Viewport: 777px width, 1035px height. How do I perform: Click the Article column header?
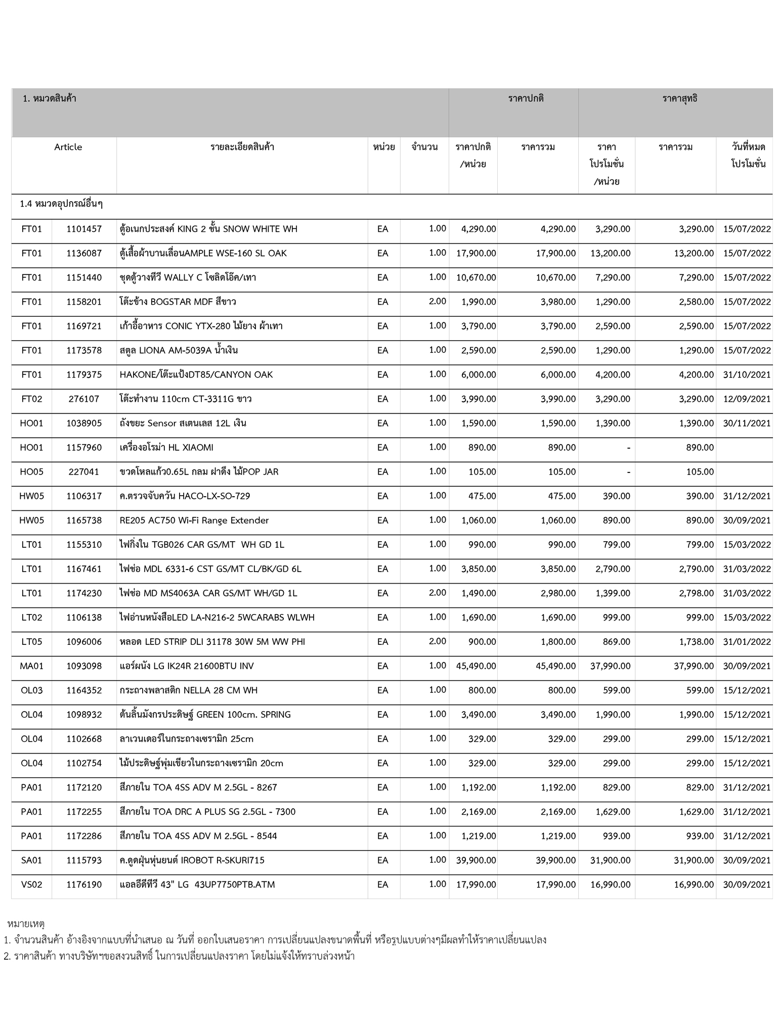(x=68, y=147)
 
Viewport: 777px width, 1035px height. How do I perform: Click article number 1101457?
(x=84, y=229)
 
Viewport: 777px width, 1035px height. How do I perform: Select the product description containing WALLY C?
(x=188, y=277)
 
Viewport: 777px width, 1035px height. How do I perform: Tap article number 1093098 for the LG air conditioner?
(x=84, y=666)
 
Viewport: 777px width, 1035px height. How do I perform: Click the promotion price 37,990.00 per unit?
(x=610, y=666)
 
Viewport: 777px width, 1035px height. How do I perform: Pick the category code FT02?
(x=31, y=399)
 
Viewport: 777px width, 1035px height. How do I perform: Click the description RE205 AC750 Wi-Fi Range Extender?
(x=194, y=521)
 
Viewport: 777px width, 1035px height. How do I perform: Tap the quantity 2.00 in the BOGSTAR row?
(x=437, y=302)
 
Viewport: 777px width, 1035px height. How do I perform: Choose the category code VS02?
(x=31, y=884)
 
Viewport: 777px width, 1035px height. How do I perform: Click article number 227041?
(x=84, y=472)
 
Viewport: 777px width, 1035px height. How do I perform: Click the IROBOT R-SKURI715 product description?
(x=192, y=860)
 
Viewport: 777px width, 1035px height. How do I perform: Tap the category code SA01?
(x=31, y=860)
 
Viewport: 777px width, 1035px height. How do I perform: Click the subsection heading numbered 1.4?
(x=61, y=204)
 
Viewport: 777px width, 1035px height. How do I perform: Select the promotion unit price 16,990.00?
(x=610, y=884)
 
